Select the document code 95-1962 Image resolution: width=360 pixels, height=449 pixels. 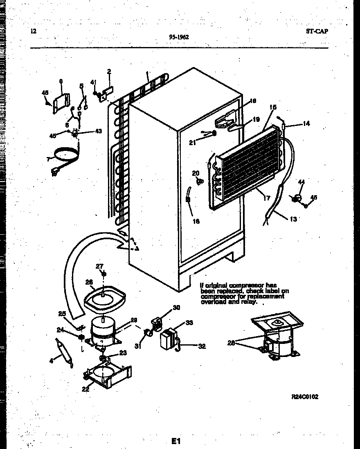pyautogui.click(x=179, y=37)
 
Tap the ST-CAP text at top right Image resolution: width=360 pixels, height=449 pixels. pyautogui.click(x=317, y=31)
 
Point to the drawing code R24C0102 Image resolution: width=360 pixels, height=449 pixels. pyautogui.click(x=304, y=397)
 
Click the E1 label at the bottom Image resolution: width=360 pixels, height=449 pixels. pyautogui.click(x=176, y=441)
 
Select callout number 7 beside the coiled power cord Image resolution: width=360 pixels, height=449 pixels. pyautogui.click(x=48, y=159)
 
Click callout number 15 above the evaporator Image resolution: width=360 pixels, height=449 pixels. pyautogui.click(x=273, y=107)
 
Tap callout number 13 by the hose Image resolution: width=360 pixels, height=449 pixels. pyautogui.click(x=293, y=219)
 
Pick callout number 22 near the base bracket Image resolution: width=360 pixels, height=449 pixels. pyautogui.click(x=85, y=389)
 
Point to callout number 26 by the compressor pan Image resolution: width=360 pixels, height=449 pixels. pyautogui.click(x=89, y=281)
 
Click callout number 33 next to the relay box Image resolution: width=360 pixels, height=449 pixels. pyautogui.click(x=189, y=323)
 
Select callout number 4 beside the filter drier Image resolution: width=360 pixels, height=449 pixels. pyautogui.click(x=51, y=360)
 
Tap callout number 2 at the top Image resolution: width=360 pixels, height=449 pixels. pyautogui.click(x=109, y=72)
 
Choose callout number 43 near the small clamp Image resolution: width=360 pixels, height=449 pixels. pyautogui.click(x=98, y=131)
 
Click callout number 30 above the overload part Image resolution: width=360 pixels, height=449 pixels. pyautogui.click(x=176, y=308)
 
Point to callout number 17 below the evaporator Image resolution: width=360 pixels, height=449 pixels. pyautogui.click(x=267, y=199)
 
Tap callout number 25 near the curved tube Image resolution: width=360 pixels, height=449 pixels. pyautogui.click(x=62, y=314)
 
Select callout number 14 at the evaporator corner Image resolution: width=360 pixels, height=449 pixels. pyautogui.click(x=306, y=123)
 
